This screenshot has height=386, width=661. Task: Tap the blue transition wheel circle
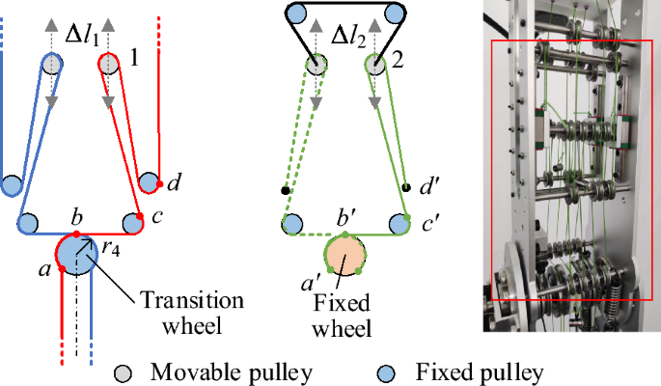76,253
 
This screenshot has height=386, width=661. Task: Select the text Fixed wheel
344,314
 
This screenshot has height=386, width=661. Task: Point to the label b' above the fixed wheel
345,208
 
